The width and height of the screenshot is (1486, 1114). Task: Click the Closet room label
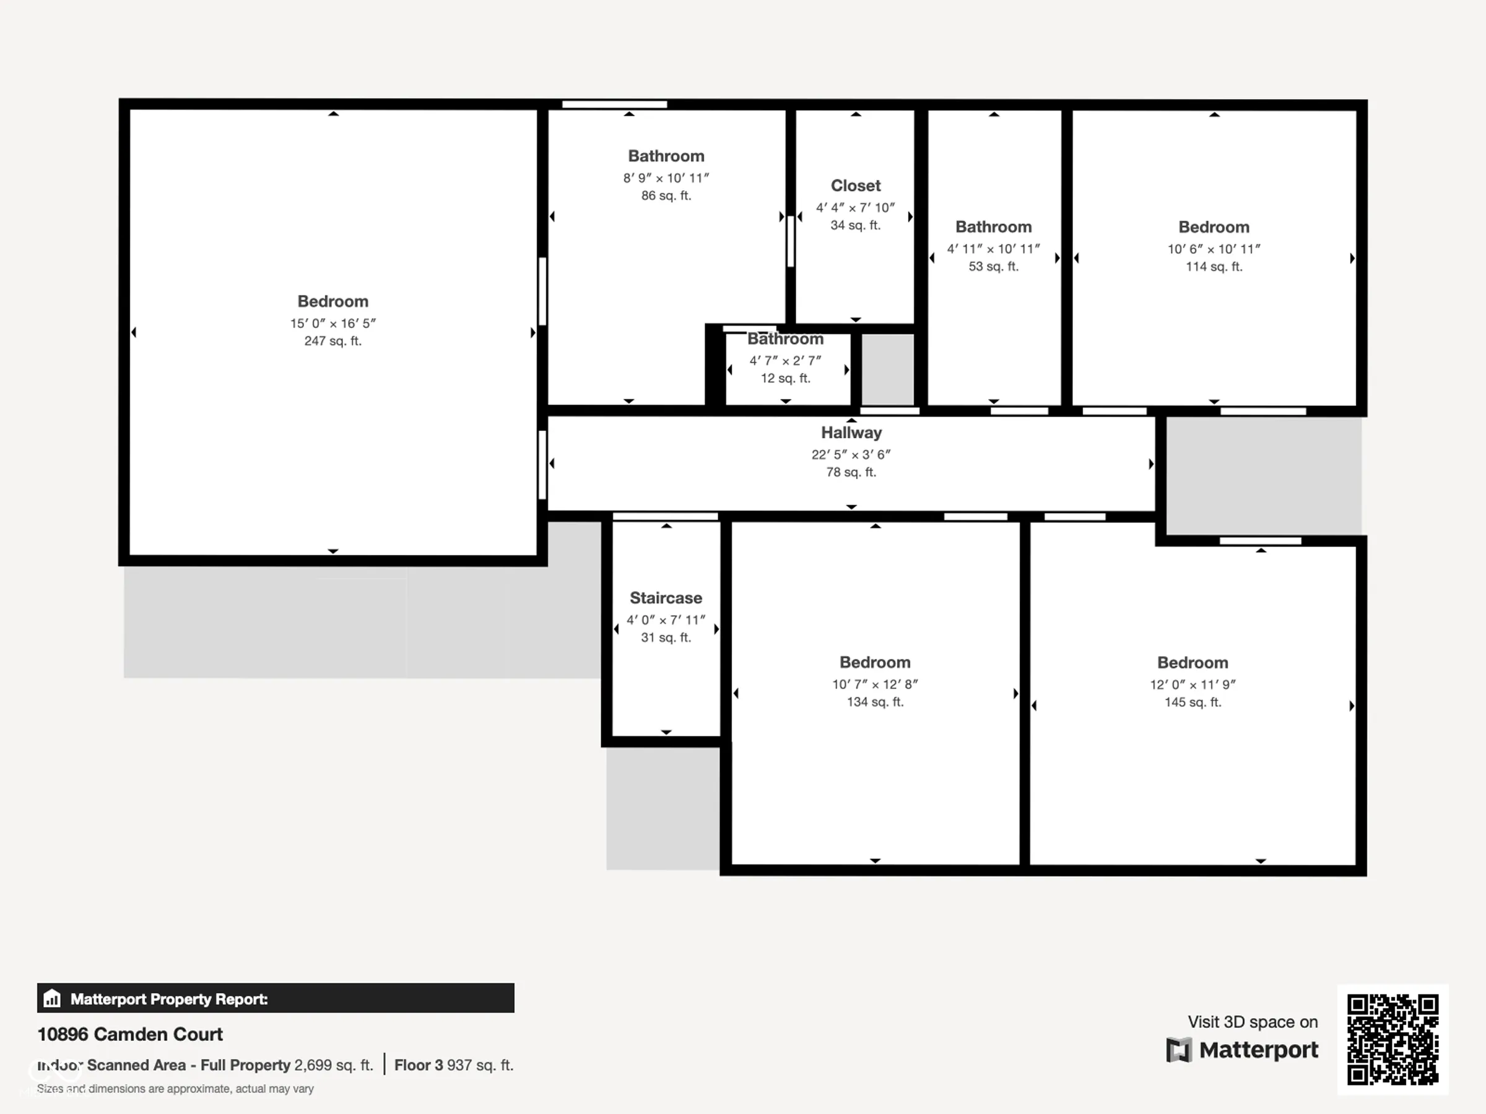point(855,185)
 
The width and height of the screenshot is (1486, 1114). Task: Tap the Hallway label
point(851,433)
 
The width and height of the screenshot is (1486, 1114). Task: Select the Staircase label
point(666,598)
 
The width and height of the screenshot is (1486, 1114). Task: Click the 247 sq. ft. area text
point(332,341)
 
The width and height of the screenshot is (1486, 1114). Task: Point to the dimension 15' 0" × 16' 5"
point(332,323)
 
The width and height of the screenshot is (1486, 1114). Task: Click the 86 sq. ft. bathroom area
point(666,196)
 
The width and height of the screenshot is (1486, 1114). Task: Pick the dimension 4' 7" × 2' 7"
point(785,361)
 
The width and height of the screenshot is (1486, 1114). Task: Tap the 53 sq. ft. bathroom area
point(994,267)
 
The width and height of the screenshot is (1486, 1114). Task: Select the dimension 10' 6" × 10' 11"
point(1214,249)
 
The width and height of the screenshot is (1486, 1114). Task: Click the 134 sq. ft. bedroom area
point(875,702)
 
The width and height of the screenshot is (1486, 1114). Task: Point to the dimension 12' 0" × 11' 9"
point(1193,684)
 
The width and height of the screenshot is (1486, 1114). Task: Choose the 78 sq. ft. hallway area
point(851,473)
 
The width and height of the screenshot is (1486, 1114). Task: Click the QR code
point(1393,1040)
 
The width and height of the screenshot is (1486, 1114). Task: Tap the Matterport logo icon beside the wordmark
point(1179,1050)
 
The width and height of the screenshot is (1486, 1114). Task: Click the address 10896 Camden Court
point(129,1034)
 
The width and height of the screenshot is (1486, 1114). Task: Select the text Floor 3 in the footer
point(419,1065)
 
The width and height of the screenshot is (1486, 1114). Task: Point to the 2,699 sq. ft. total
point(333,1065)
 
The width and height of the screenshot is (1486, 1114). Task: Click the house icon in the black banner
point(52,998)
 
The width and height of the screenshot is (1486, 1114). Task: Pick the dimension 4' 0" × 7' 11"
point(666,620)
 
